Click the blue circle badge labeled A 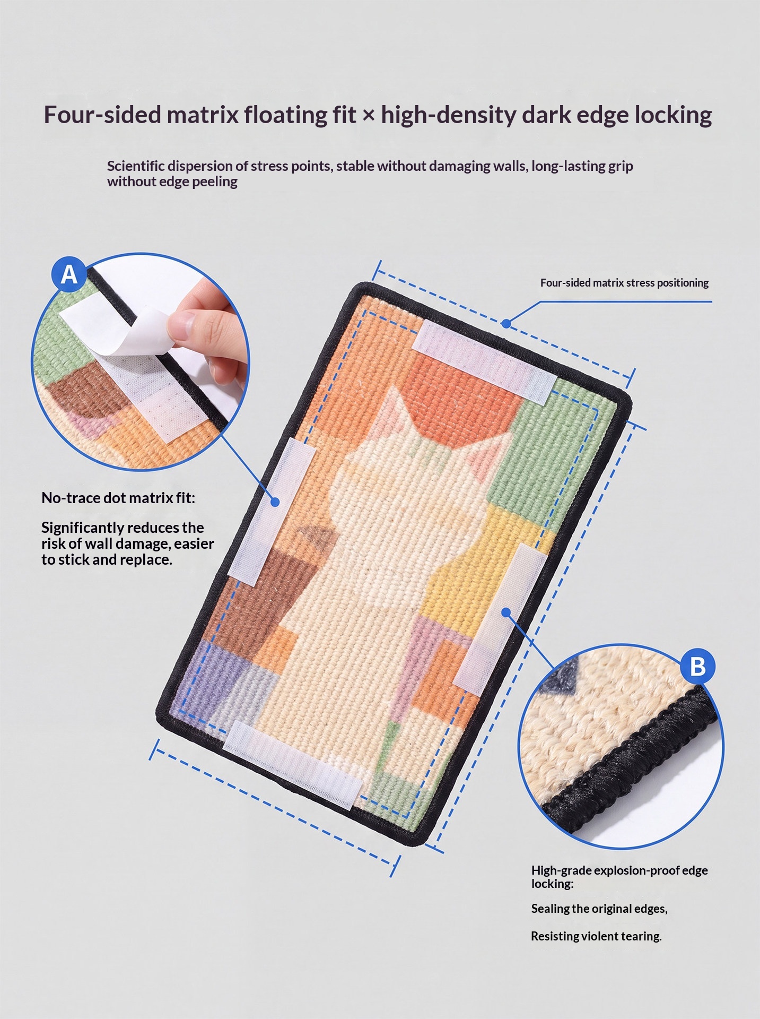[69, 274]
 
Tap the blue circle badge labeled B [697, 667]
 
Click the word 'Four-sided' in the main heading [102, 115]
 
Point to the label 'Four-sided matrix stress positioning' [624, 283]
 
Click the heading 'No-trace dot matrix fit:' [118, 498]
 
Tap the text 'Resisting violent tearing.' [596, 936]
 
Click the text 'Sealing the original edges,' [599, 909]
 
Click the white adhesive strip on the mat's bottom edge [293, 764]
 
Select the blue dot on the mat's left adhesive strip [275, 502]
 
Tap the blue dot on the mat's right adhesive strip [505, 612]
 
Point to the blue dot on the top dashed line [506, 323]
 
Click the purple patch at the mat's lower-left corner [212, 674]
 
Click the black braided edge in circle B [631, 764]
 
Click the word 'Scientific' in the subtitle [136, 166]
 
